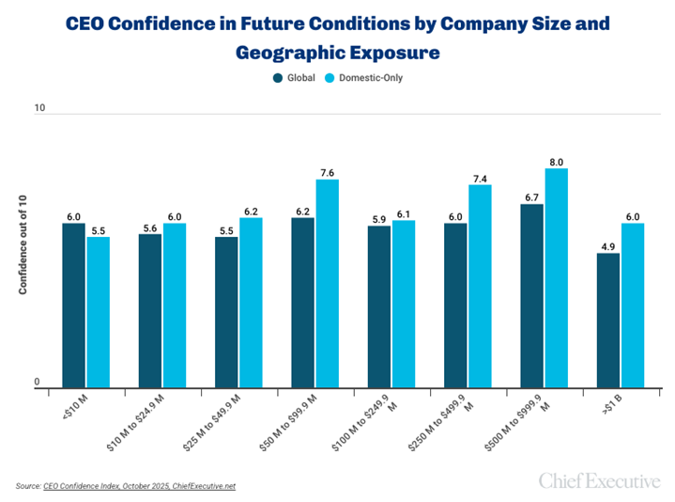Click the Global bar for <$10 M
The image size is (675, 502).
pos(73,305)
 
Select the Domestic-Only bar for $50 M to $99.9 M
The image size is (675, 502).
pos(327,283)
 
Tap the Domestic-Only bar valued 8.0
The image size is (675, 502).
pos(557,277)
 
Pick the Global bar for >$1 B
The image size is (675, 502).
pos(608,320)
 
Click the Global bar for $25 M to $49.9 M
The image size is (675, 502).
pos(226,311)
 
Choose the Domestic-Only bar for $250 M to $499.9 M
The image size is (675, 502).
pos(480,286)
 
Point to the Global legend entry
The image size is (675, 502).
pos(295,78)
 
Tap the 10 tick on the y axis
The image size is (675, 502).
pos(39,109)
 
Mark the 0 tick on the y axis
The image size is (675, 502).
pos(38,381)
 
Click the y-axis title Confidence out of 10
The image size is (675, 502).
pos(23,246)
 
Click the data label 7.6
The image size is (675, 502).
pos(327,172)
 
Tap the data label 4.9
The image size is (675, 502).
pos(608,246)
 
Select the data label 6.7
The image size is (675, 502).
pos(531,197)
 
